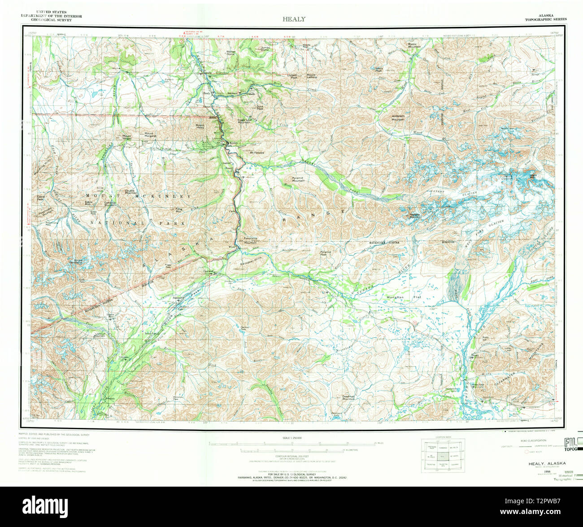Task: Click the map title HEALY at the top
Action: point(294,19)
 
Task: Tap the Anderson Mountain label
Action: point(398,118)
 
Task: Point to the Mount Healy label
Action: point(200,127)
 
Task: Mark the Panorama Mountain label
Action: point(250,240)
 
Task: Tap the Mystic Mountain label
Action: point(414,45)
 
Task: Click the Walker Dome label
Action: point(231,53)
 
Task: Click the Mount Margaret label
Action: point(149,135)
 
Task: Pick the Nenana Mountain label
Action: point(415,215)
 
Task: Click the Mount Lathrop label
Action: point(312,76)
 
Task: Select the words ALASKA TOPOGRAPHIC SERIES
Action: point(546,17)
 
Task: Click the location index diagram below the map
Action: point(442,456)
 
